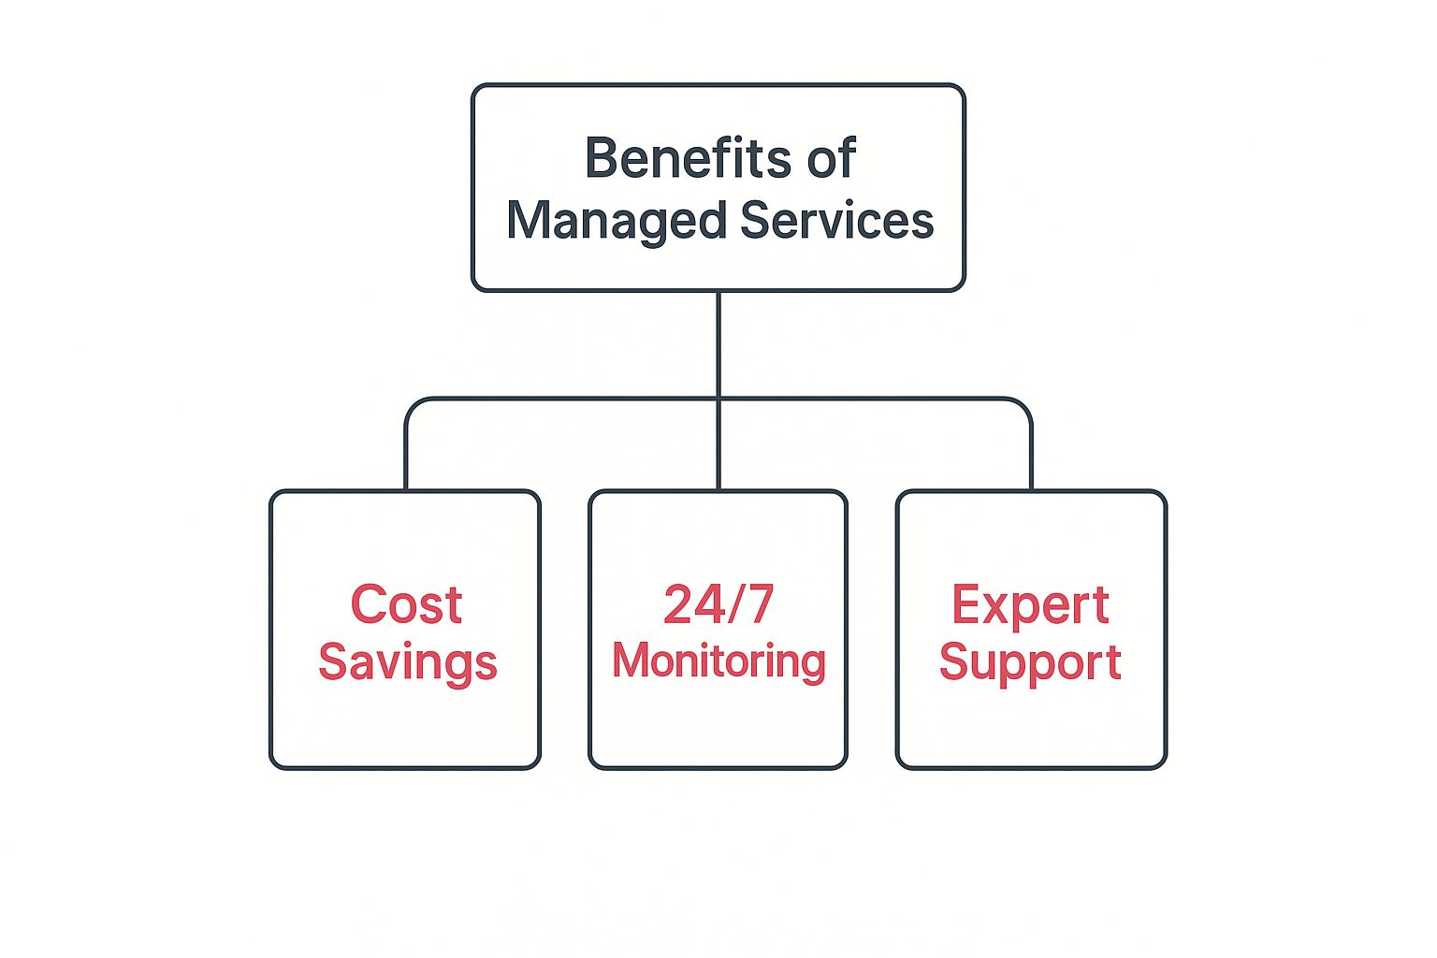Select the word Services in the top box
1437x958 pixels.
[836, 221]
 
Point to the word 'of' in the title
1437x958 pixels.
[832, 158]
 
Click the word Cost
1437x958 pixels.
[406, 604]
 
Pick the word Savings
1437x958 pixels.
[407, 662]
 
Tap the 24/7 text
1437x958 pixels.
[718, 604]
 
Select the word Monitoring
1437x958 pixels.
[718, 660]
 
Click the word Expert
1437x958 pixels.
[1030, 604]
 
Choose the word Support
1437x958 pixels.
[1030, 662]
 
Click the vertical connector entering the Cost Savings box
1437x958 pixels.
[406, 458]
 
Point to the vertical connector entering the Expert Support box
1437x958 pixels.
[1031, 458]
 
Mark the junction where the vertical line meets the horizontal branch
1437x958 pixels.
[718, 399]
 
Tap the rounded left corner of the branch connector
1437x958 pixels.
[413, 406]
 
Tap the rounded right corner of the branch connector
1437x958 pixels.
[1024, 406]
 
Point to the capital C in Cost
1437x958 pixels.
[368, 604]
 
